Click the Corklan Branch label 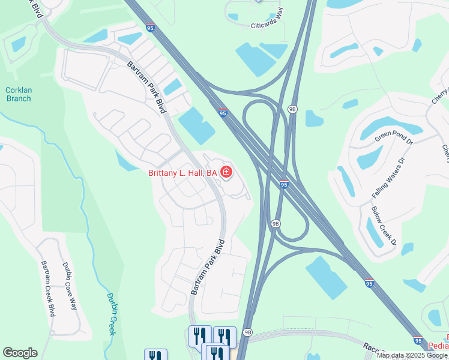tap(18, 94)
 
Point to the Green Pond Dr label tap(395, 139)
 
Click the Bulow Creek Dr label tap(384, 226)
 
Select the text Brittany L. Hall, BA tap(182, 173)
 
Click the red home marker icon tap(226, 173)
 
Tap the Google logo tap(20, 353)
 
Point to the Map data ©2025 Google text tap(412, 355)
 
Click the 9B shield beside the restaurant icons tap(247, 332)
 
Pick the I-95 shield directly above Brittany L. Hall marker tap(223, 113)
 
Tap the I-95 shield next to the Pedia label tap(418, 340)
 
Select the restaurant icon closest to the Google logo tap(156, 355)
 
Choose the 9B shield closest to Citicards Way tap(293, 109)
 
